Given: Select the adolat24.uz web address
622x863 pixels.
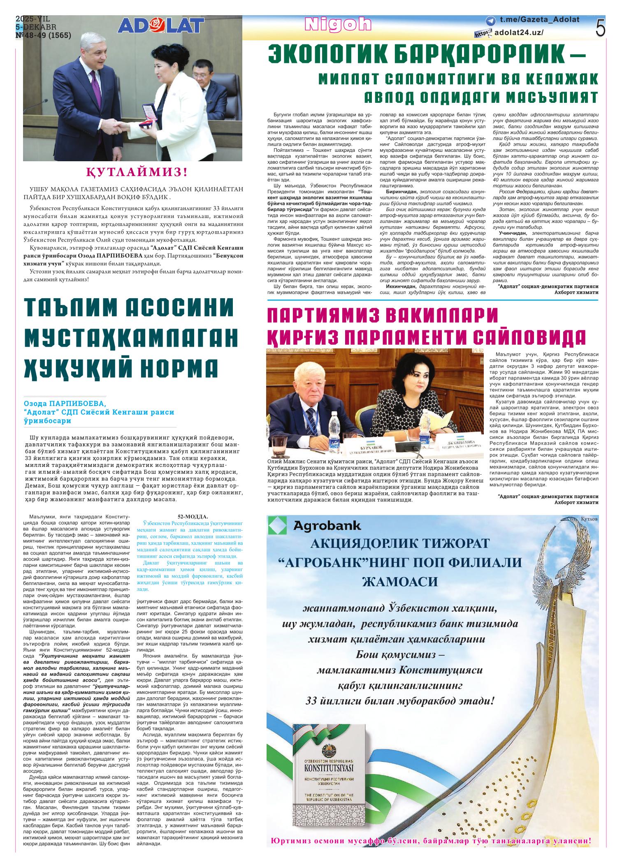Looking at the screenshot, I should point(519,33).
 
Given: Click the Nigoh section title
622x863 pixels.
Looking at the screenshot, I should point(338,25).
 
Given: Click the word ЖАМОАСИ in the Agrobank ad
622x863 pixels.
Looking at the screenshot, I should point(399,581).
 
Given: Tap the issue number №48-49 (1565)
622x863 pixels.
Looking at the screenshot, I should point(43,36).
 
